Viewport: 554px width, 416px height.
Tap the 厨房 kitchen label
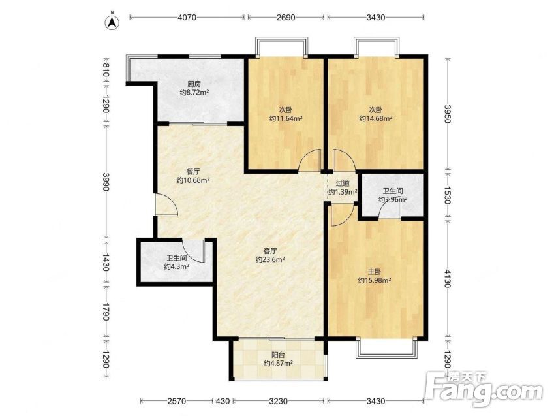pos(194,84)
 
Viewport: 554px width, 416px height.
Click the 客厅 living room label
pos(270,251)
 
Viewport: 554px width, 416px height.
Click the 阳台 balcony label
pos(278,355)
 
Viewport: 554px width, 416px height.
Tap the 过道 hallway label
pos(343,184)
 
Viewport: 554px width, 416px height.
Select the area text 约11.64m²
pos(285,118)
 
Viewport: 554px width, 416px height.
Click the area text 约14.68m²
pos(375,118)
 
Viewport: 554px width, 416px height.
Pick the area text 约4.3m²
pos(177,266)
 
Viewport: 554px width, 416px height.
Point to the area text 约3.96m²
pos(393,200)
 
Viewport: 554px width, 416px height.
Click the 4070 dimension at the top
pos(187,18)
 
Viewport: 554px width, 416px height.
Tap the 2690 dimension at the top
pos(286,18)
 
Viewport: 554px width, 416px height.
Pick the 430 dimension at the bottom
pos(223,401)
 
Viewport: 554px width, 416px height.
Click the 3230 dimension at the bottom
pos(279,401)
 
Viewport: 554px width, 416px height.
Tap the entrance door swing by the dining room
pos(167,204)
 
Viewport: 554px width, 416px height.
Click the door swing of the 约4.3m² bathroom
pos(194,251)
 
